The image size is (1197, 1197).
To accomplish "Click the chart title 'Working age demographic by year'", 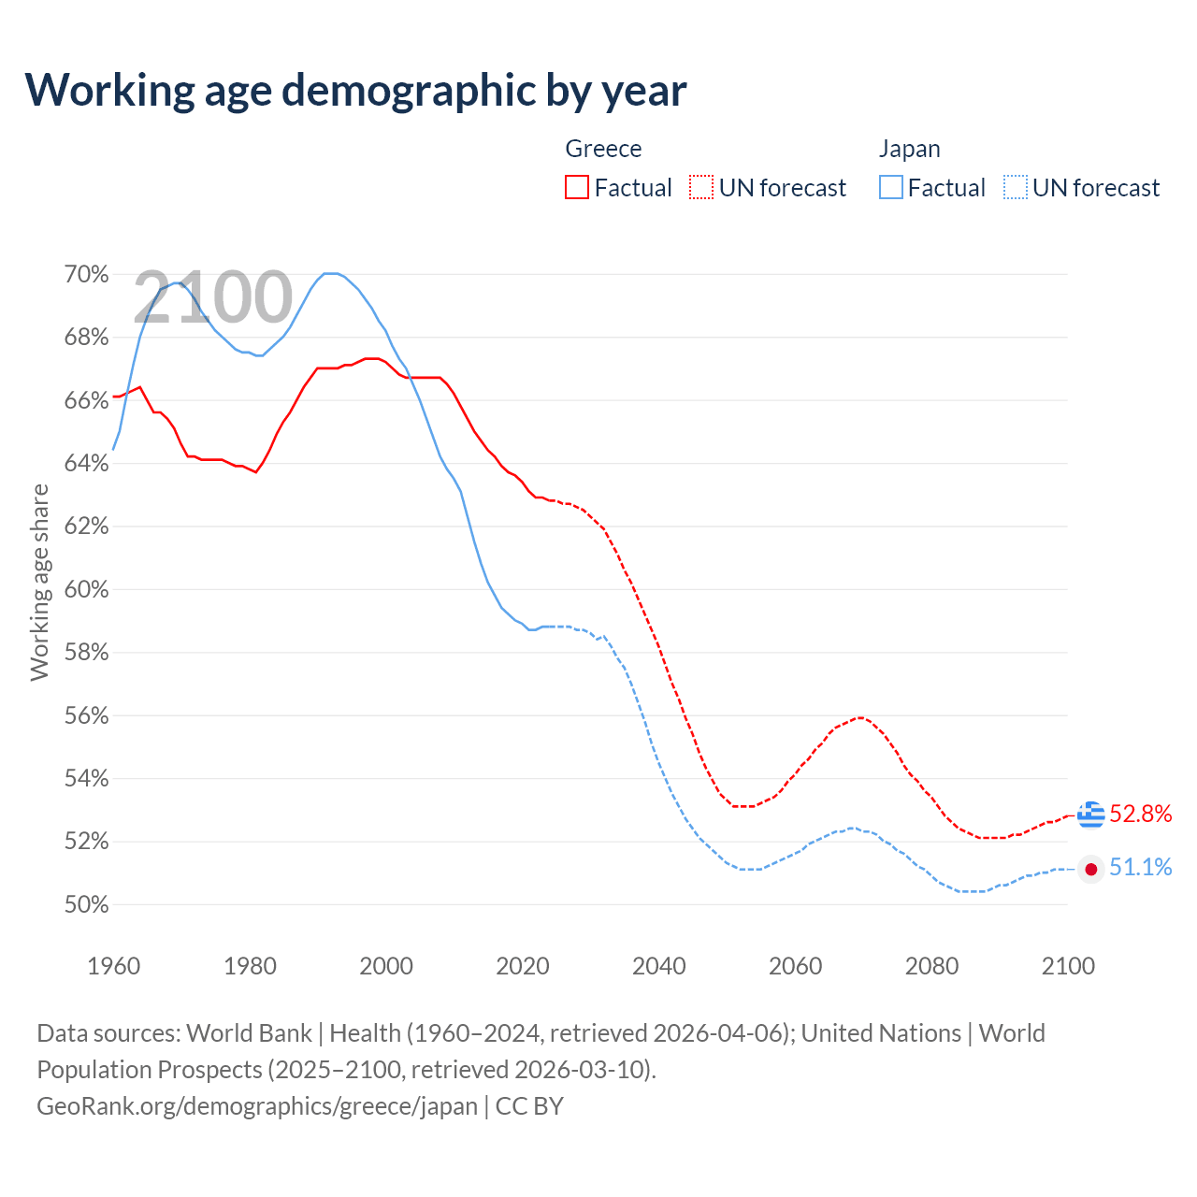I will click(355, 90).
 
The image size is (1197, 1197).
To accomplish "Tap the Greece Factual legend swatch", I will click(577, 188).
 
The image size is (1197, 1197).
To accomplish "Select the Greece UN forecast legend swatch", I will click(701, 188).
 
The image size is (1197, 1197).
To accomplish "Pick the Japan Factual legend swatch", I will click(891, 188).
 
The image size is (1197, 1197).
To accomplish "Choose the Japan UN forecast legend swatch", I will click(1016, 188).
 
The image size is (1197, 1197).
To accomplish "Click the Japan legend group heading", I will click(909, 149).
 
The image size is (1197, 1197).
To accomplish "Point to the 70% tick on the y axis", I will click(86, 275).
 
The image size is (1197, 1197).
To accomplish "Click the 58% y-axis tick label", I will click(86, 653).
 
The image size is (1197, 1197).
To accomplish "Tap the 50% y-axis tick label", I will click(86, 905).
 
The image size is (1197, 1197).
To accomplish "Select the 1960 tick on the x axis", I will click(114, 966).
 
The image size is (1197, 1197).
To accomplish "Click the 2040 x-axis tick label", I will click(659, 966).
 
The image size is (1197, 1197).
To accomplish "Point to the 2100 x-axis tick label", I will click(1068, 966).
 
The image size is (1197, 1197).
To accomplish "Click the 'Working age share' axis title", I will click(39, 582).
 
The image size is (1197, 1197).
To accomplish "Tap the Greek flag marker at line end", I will click(1090, 815).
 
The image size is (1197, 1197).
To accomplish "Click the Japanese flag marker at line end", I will click(1090, 869).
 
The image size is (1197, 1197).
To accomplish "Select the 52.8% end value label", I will click(1141, 815).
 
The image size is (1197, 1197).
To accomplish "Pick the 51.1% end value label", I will click(1141, 868).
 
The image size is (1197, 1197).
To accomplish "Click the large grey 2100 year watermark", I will click(213, 297).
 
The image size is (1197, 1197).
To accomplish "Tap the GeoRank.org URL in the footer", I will click(257, 1106).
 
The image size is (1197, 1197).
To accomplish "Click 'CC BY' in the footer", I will click(529, 1106).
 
